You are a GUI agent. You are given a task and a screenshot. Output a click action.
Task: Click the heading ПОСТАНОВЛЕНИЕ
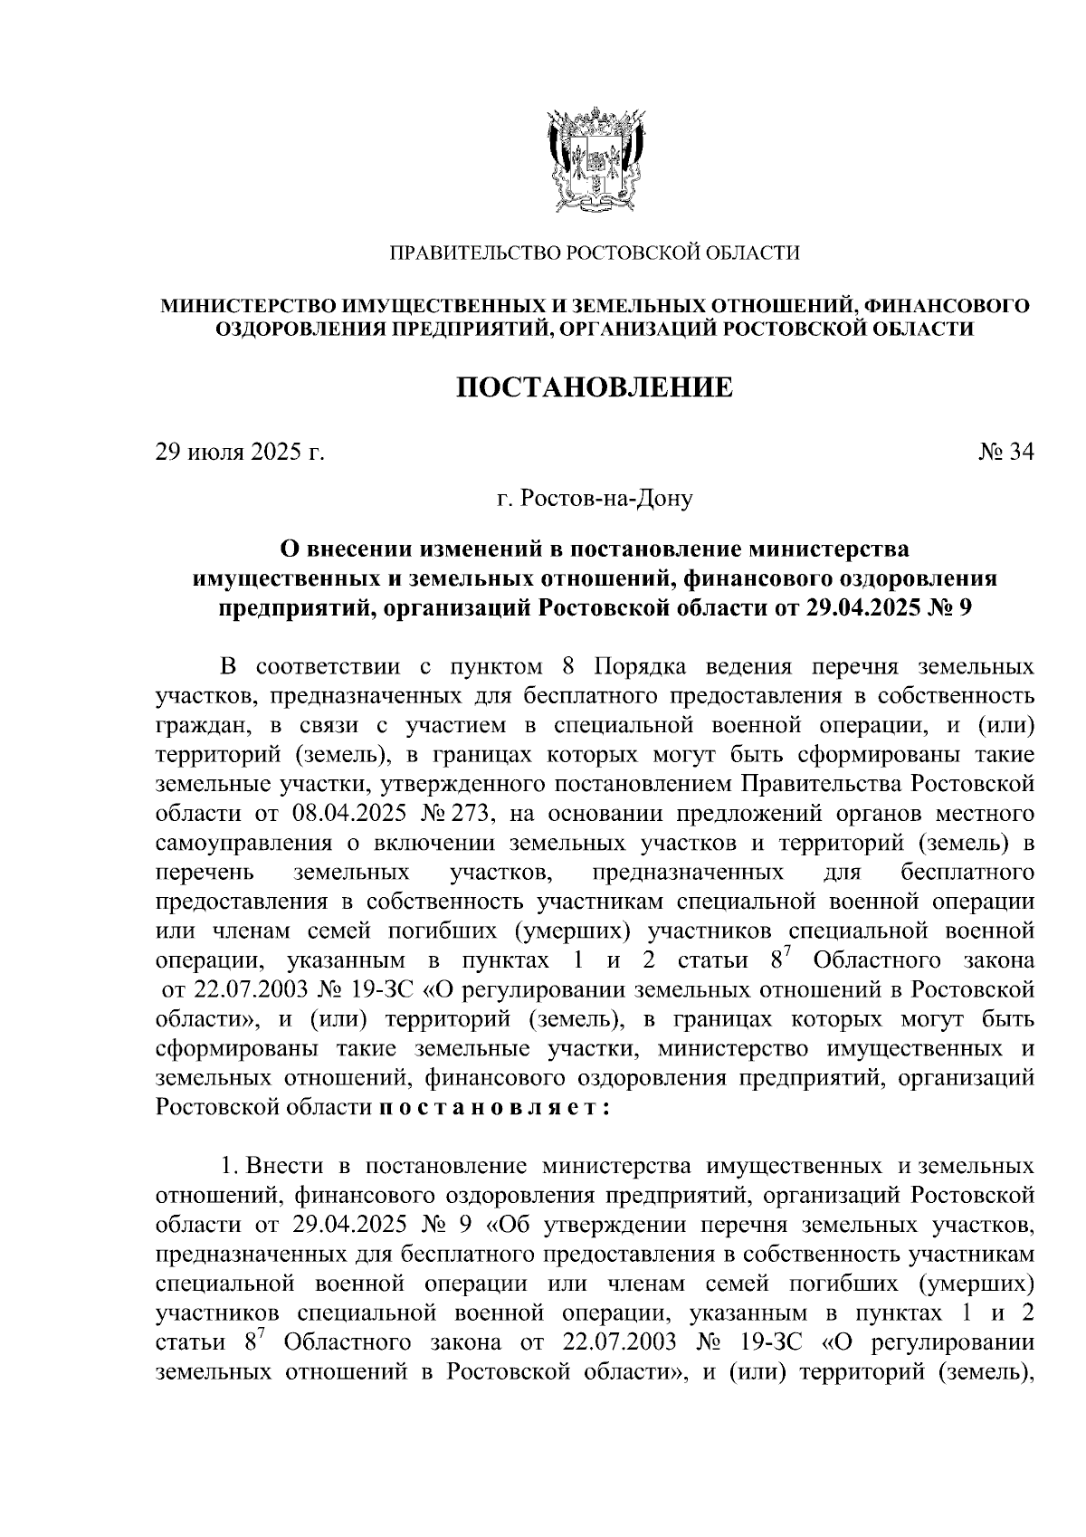tap(594, 388)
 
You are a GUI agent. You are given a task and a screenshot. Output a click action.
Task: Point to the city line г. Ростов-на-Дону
tap(594, 498)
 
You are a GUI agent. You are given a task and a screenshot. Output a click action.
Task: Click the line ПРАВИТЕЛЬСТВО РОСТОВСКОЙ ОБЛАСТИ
tap(594, 253)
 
